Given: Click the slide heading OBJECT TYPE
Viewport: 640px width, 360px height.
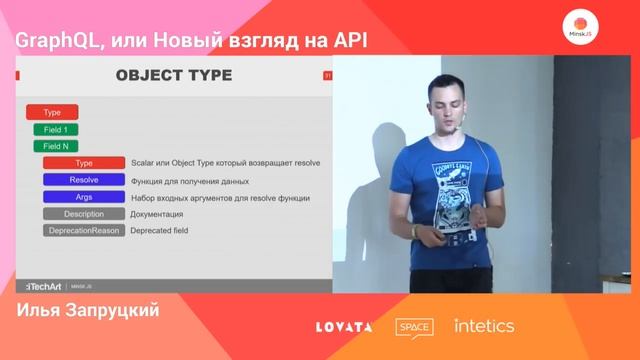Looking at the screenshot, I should click(173, 75).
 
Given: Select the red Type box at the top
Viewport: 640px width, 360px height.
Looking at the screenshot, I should click(52, 113).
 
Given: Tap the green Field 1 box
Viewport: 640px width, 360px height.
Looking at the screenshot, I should click(56, 130).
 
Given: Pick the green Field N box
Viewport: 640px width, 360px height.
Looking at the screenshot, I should click(56, 146).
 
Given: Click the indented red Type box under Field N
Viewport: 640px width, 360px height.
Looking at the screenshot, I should click(84, 163).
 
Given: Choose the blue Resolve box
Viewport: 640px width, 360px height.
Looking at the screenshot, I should click(84, 180).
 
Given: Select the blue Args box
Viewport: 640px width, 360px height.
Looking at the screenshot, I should click(84, 197).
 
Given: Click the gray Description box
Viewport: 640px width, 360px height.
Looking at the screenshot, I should click(84, 214).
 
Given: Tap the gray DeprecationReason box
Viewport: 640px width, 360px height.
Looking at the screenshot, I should click(84, 231).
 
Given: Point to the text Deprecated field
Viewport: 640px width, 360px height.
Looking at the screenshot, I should click(159, 231).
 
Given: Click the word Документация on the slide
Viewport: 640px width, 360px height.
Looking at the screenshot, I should click(156, 214).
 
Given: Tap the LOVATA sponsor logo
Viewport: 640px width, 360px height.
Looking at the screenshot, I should click(344, 327).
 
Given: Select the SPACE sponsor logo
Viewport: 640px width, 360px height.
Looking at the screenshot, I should click(414, 327).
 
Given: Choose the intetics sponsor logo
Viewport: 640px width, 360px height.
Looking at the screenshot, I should click(484, 326).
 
